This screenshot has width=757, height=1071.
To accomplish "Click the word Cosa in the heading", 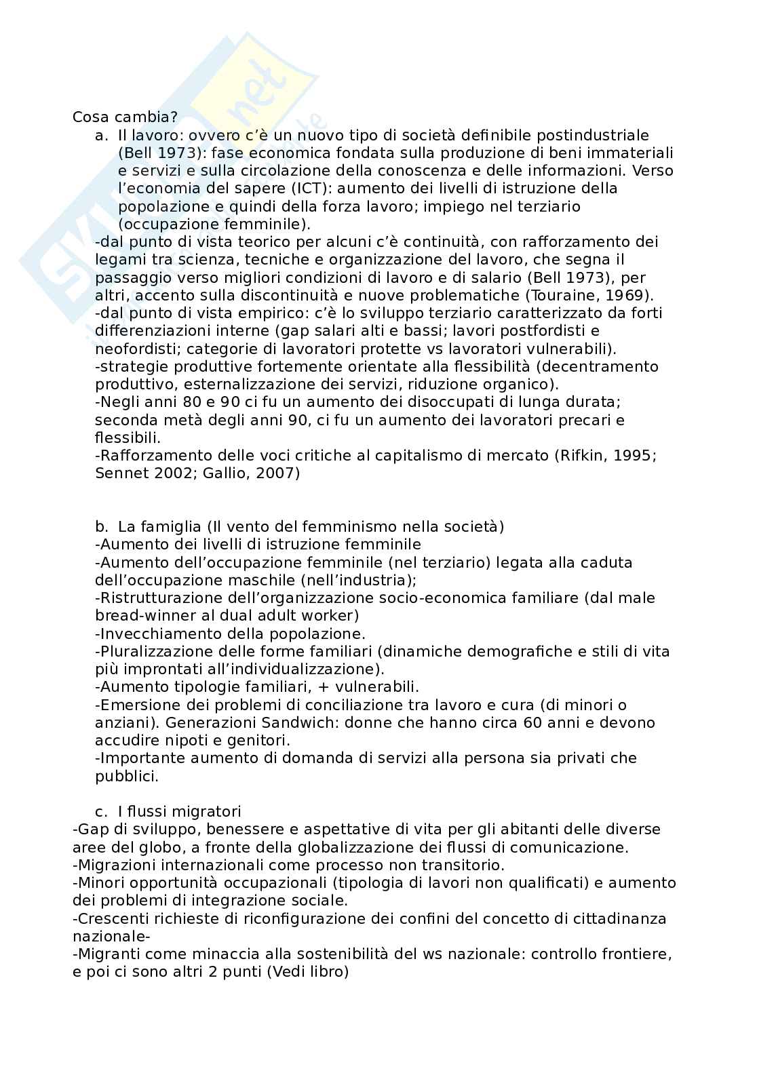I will tap(89, 117).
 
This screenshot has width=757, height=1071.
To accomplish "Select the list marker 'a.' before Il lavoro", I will tap(102, 135).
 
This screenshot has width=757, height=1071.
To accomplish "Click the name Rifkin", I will tap(582, 455).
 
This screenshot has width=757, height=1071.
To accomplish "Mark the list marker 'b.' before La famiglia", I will tap(102, 526).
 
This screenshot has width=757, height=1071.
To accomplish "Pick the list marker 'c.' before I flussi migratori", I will tap(102, 811).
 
